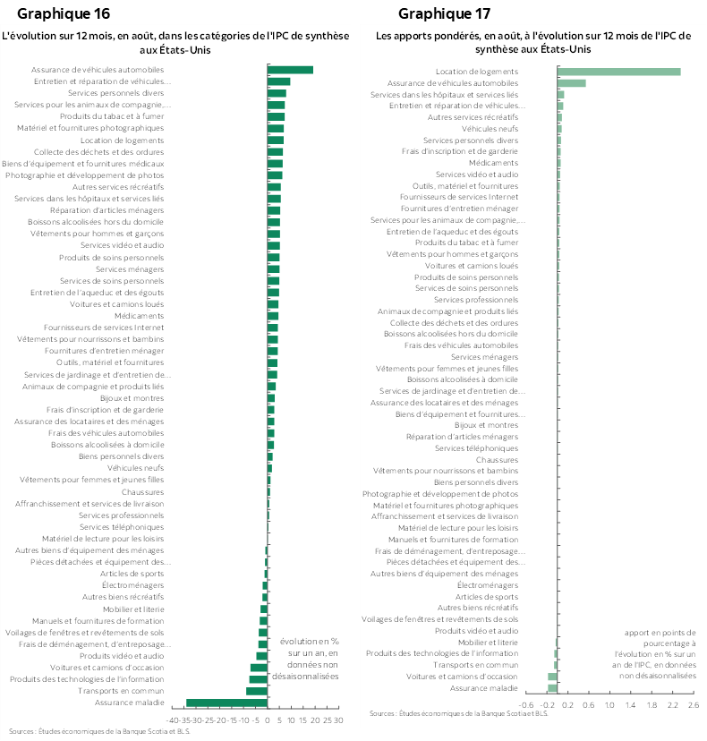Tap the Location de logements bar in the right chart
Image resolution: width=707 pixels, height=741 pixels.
click(x=619, y=72)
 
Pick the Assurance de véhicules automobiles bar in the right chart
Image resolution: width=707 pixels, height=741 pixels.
click(x=572, y=83)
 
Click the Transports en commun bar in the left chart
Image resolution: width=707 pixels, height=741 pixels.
click(x=257, y=691)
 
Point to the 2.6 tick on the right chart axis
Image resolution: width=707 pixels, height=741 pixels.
click(x=692, y=705)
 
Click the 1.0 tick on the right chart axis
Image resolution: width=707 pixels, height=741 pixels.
click(x=609, y=705)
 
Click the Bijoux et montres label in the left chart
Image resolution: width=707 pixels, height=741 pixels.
click(x=132, y=398)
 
